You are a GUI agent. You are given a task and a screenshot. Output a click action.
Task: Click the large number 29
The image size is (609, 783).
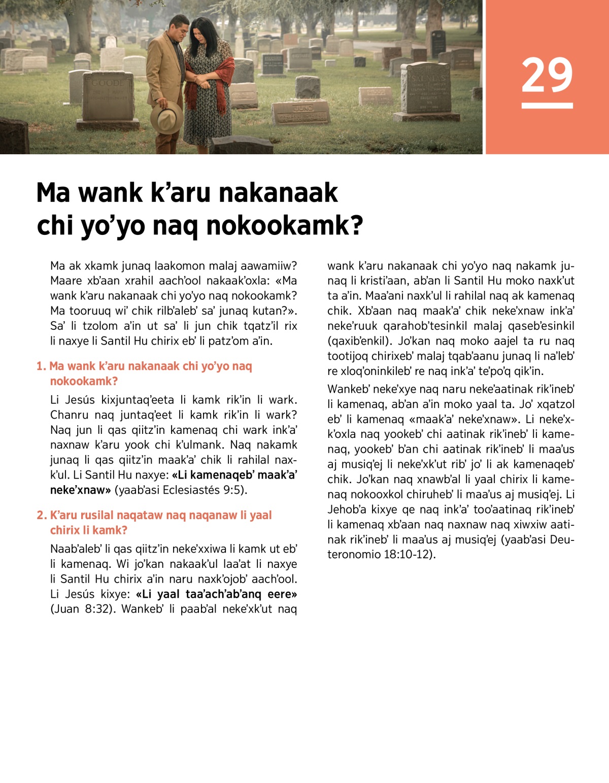(x=547, y=75)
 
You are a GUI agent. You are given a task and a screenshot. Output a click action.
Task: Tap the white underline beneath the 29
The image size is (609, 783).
(x=547, y=106)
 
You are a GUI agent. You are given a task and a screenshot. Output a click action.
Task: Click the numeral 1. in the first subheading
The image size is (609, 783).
(x=41, y=366)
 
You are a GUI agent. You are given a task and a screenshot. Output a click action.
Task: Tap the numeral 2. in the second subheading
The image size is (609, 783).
(x=41, y=516)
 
